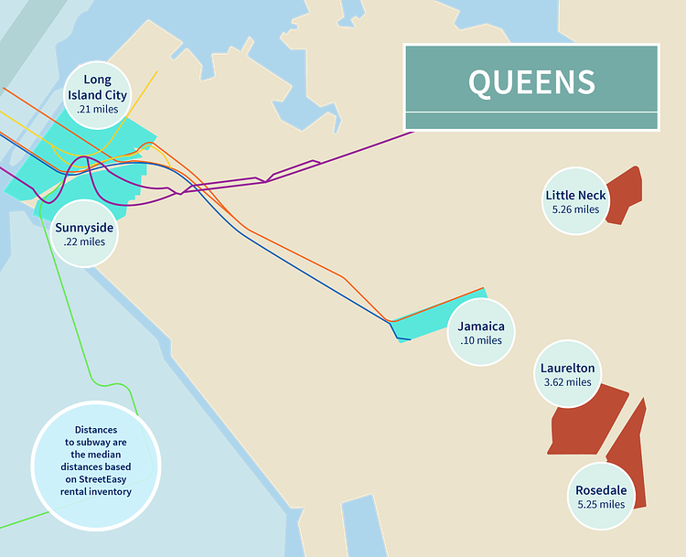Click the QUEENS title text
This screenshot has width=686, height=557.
tap(531, 81)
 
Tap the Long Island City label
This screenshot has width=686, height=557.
tap(97, 88)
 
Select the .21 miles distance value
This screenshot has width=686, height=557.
tap(97, 110)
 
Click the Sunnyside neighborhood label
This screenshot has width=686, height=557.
tap(84, 228)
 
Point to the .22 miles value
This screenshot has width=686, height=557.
tap(84, 242)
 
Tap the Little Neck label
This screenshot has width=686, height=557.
tap(575, 195)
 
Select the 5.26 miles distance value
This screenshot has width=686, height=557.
tap(575, 209)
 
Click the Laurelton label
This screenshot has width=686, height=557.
tap(567, 368)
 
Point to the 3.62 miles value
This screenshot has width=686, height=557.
tap(567, 382)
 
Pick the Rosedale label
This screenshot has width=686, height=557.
tap(600, 490)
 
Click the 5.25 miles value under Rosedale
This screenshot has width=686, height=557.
tap(600, 505)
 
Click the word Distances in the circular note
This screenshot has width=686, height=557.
tap(96, 429)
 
